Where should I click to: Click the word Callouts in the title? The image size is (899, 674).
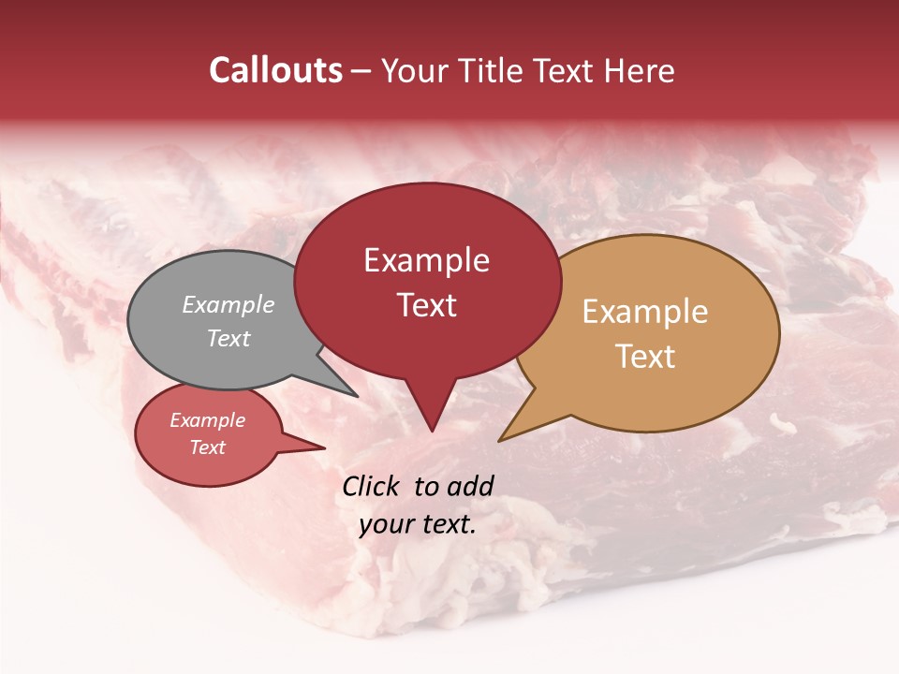[x=275, y=70]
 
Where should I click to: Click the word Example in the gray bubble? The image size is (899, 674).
[x=228, y=304]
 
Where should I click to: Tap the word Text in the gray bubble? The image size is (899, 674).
[x=228, y=338]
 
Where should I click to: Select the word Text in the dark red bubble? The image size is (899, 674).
[x=426, y=305]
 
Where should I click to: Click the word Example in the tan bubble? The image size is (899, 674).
[x=645, y=312]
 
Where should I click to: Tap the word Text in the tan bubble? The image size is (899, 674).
[x=645, y=357]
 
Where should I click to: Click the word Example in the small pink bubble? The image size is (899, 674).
[x=207, y=420]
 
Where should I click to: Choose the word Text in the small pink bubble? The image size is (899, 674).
[x=207, y=447]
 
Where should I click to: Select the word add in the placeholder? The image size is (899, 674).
[x=471, y=486]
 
